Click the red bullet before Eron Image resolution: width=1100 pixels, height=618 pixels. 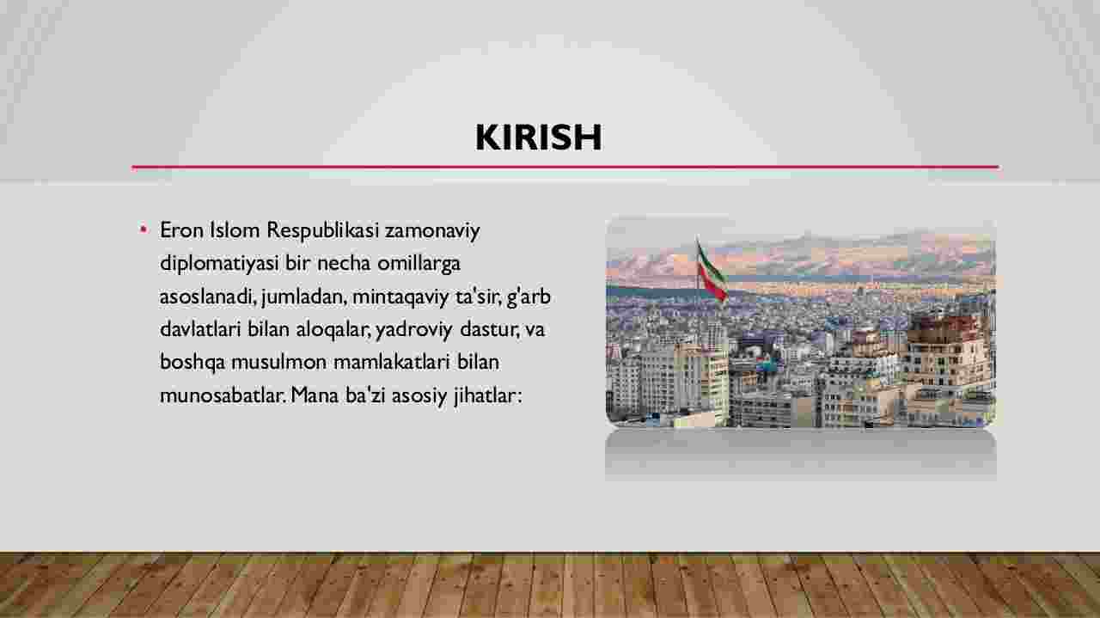point(144,229)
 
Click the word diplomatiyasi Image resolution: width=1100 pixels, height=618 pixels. point(219,264)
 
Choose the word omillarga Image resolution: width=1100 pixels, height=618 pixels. point(419,264)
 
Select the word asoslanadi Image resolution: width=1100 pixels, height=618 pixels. point(206,297)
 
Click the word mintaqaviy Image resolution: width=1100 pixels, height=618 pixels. point(400,297)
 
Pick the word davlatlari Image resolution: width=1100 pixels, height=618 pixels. point(201,329)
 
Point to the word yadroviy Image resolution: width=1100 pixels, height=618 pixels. point(413,330)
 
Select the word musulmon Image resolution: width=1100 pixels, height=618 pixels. point(278,362)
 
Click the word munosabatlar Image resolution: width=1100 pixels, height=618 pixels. point(222,395)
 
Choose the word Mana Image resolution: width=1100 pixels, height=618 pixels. point(315,395)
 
